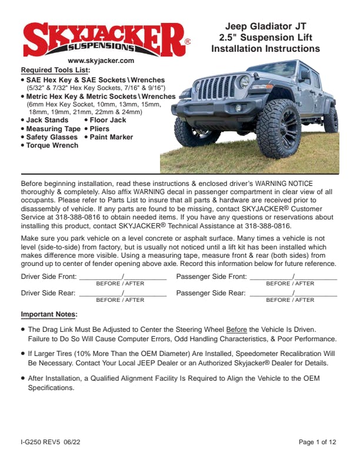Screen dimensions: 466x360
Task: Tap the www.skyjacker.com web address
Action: coord(101,61)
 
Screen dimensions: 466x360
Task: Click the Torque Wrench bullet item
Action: coord(52,145)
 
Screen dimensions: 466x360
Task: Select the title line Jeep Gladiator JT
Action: coord(266,26)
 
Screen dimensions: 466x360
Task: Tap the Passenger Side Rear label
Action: coord(211,293)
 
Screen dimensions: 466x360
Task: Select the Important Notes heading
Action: coord(49,314)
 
